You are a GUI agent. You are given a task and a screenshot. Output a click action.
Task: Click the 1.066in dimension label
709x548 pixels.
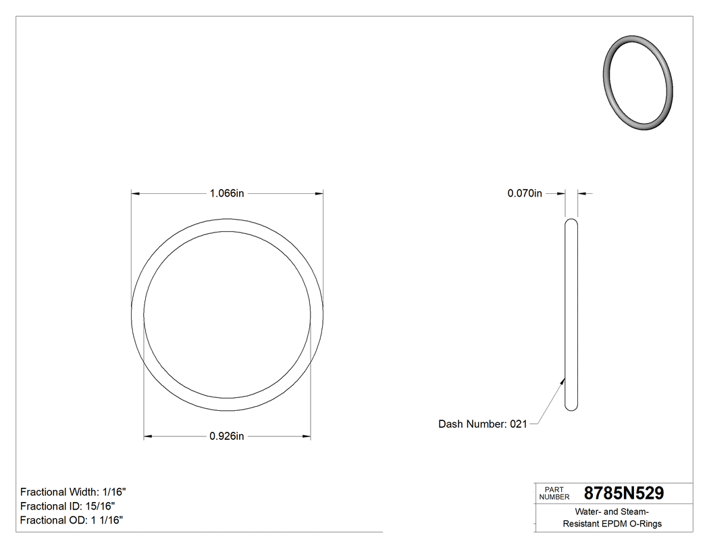[227, 193]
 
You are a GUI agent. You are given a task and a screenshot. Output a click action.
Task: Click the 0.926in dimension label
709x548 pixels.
[227, 437]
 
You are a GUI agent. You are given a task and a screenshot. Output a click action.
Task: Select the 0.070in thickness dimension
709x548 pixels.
[525, 193]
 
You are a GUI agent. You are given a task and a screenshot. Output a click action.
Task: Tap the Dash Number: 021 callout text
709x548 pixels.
[482, 424]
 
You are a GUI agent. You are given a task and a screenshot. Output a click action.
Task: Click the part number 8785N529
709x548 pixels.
[623, 493]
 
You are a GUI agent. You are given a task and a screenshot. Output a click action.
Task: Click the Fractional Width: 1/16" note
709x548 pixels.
[73, 492]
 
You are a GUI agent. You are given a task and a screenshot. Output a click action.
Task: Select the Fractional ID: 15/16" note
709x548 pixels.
[68, 506]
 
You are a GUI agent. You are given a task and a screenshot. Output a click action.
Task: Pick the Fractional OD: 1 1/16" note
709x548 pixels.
[71, 520]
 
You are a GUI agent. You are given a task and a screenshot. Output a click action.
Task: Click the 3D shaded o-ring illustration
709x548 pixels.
[637, 82]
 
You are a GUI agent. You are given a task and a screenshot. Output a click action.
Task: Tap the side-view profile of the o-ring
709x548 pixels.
[571, 314]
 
